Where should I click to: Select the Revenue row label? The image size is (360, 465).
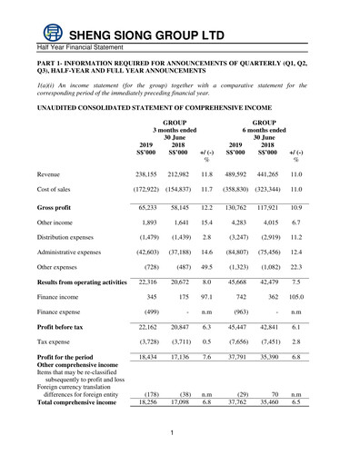pyautogui.click(x=51, y=172)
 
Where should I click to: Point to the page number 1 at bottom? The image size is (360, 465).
pyautogui.click(x=171, y=444)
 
